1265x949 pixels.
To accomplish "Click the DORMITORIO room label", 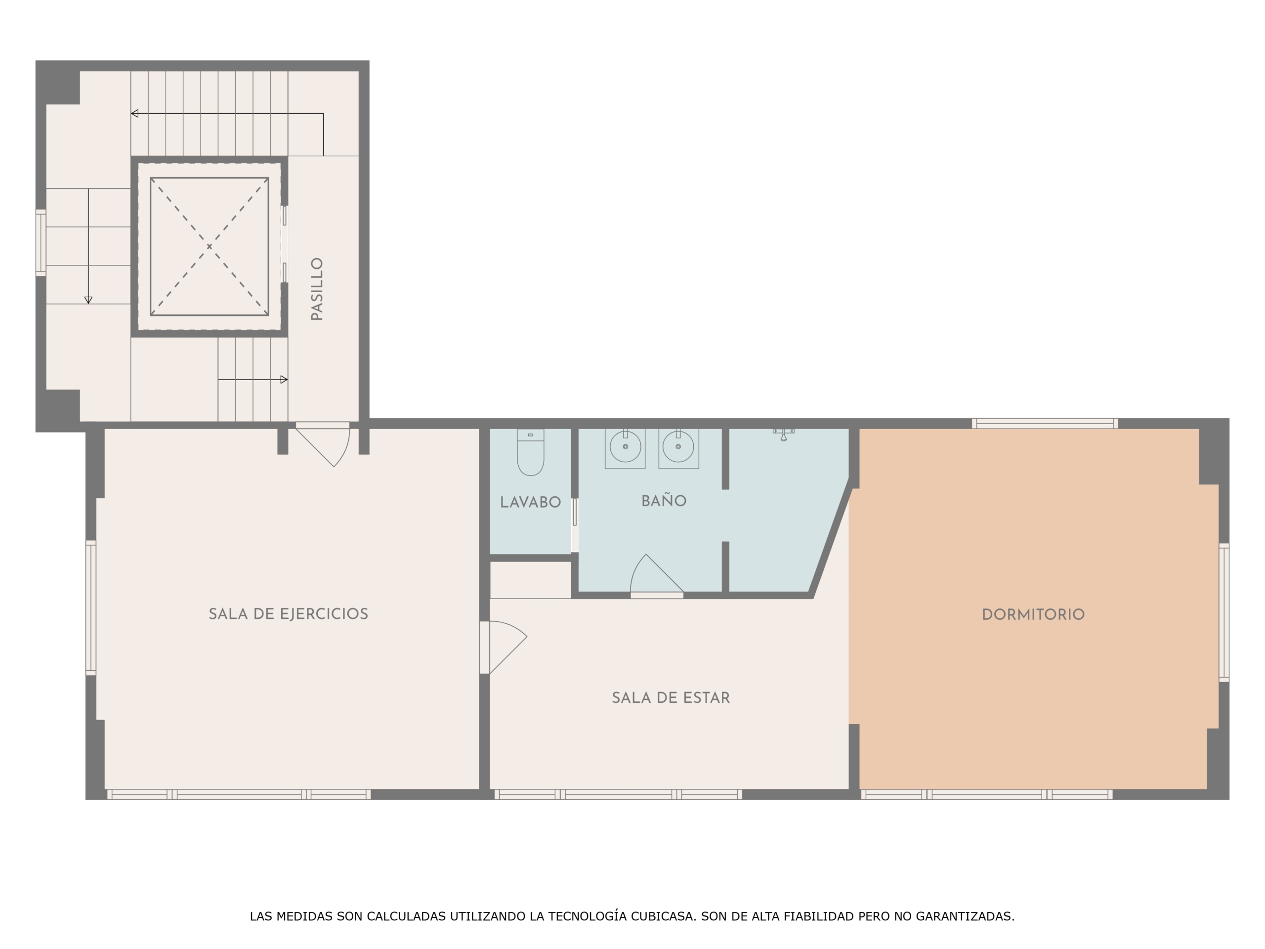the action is pos(1033,615).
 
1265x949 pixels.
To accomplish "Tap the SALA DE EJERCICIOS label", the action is pos(288,614).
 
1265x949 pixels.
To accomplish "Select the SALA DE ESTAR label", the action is pos(671,698).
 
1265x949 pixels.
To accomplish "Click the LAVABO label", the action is pos(530,502).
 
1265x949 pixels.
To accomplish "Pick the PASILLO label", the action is pos(317,289).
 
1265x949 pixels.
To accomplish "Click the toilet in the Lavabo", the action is pos(530,452).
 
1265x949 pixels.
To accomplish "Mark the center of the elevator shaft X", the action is pos(210,247).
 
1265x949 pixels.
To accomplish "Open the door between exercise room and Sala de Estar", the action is pos(503,647).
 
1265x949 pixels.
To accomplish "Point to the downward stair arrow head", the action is pos(88,301).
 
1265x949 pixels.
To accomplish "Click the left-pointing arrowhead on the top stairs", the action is pos(134,113).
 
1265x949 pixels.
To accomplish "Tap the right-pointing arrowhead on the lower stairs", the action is pos(284,379).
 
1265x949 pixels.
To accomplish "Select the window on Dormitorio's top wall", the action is pos(1045,423).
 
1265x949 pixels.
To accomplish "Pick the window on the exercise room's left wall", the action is pos(91,607).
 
